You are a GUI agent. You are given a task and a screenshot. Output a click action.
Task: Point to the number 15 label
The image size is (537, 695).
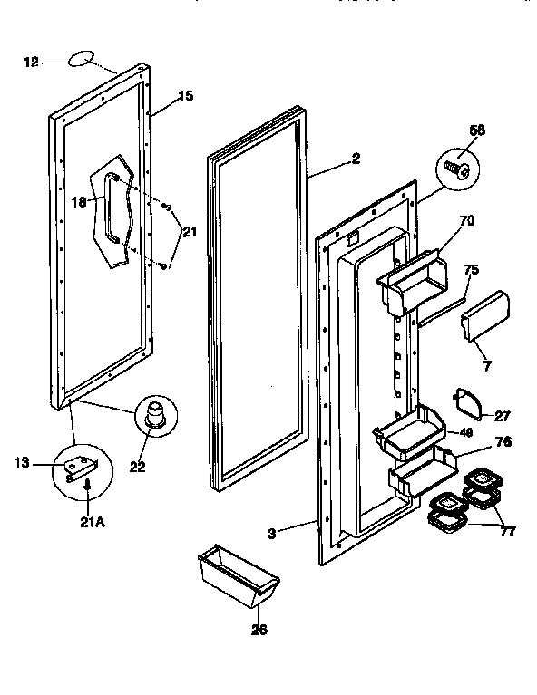186,95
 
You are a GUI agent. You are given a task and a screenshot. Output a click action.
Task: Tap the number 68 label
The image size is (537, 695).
476,130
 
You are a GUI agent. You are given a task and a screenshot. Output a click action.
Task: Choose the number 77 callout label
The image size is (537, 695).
507,531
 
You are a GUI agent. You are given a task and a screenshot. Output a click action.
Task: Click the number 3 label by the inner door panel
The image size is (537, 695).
270,533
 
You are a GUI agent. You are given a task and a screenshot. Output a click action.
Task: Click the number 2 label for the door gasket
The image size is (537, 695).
356,159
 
